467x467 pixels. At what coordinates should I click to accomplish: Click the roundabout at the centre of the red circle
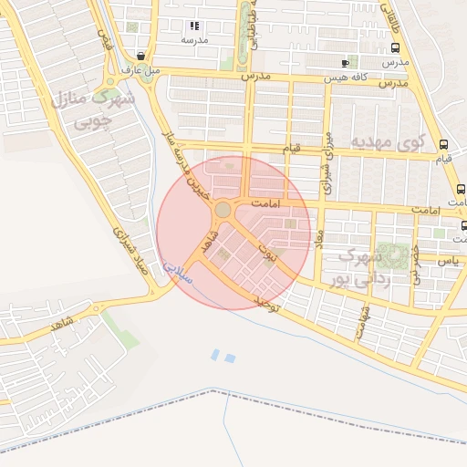coord(223,211)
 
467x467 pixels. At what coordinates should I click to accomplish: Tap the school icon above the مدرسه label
coord(193,26)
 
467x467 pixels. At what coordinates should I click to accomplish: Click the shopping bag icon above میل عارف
coord(140,55)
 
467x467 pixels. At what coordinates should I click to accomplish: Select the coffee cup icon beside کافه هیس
coord(344,63)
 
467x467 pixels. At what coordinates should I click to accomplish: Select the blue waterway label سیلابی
coord(179,271)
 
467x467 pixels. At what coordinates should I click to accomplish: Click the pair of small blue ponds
coord(220,355)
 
